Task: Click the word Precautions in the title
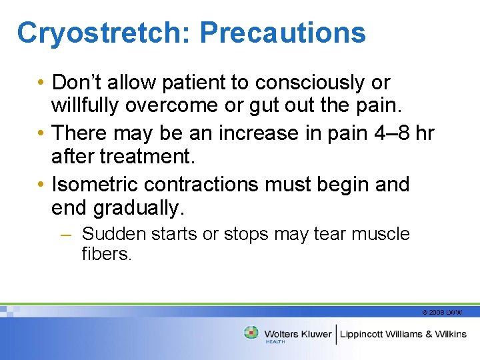pyautogui.click(x=282, y=32)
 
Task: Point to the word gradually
pyautogui.click(x=137, y=209)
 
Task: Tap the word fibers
pyautogui.click(x=107, y=254)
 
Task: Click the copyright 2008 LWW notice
pyautogui.click(x=442, y=312)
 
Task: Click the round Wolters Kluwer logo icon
pyautogui.click(x=251, y=332)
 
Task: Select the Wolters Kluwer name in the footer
pyautogui.click(x=297, y=334)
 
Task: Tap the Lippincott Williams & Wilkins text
pyautogui.click(x=403, y=334)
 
